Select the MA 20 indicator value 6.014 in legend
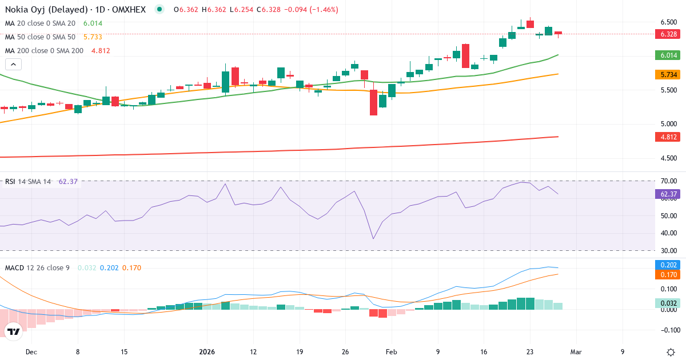pyautogui.click(x=93, y=23)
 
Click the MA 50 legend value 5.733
pyautogui.click(x=93, y=37)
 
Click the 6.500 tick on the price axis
pyautogui.click(x=669, y=22)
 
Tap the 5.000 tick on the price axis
pyautogui.click(x=669, y=124)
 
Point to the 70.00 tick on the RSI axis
pyautogui.click(x=669, y=181)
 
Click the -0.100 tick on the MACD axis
pyautogui.click(x=669, y=330)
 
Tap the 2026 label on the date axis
pyautogui.click(x=206, y=352)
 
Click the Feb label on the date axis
pyautogui.click(x=391, y=352)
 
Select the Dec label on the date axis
pyautogui.click(x=31, y=352)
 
